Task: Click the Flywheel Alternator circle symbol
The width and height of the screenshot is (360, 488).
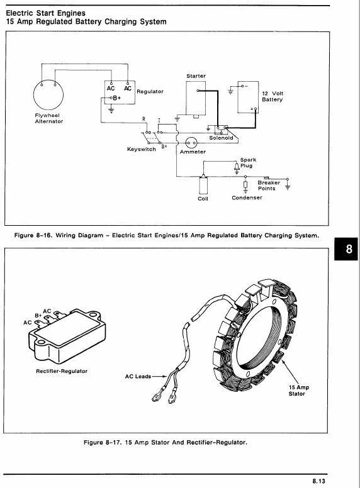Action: [48, 94]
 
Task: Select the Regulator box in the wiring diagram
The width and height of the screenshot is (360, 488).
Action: [119, 96]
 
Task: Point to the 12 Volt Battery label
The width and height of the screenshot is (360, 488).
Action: [273, 96]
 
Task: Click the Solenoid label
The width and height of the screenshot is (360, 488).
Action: [221, 138]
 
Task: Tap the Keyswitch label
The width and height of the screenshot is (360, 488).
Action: [141, 150]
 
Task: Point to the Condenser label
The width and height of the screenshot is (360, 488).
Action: [247, 197]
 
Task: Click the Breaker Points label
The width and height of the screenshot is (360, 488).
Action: [269, 186]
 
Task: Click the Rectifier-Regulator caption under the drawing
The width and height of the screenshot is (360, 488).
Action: [62, 371]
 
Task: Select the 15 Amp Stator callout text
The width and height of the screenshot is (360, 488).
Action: [296, 391]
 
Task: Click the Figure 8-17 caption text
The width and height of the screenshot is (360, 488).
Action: [165, 441]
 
